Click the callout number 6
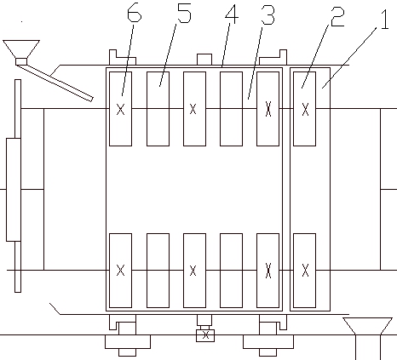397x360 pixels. [x=134, y=14]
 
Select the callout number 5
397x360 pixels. [x=184, y=14]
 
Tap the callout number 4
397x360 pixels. [x=231, y=14]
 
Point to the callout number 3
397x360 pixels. [x=268, y=15]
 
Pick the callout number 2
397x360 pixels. [x=337, y=18]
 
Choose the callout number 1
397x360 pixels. [x=385, y=20]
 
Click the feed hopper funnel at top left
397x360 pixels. [x=21, y=49]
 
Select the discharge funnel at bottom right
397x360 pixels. [x=368, y=326]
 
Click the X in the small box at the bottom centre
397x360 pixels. [x=205, y=335]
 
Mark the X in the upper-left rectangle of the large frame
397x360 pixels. [x=121, y=109]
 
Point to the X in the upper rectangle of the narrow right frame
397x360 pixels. [x=305, y=109]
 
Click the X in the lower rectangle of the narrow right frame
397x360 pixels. [x=305, y=270]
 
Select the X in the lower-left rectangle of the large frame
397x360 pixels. [x=121, y=271]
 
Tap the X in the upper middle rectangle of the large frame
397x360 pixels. [x=193, y=109]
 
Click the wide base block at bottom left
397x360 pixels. [x=128, y=341]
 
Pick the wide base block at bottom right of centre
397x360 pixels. [x=268, y=341]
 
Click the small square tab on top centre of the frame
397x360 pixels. [x=204, y=60]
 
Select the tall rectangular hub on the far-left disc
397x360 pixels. [x=14, y=190]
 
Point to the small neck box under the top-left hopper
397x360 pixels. [x=21, y=61]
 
